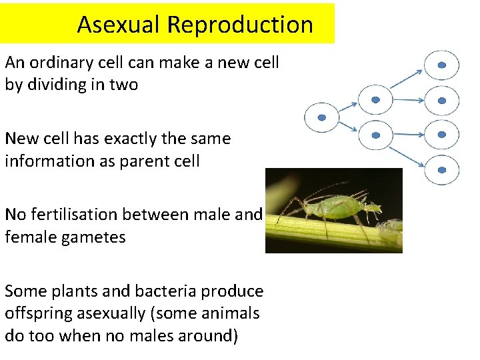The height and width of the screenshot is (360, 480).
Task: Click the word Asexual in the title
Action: pos(119,24)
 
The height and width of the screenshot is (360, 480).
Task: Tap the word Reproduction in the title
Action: pos(240,24)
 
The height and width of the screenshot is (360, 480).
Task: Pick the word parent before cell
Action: pos(144,161)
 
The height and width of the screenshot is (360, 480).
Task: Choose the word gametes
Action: pos(93,237)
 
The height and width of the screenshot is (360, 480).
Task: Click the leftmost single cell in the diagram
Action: pos(321,117)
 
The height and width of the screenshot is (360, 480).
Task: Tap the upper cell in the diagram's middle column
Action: pos(375,99)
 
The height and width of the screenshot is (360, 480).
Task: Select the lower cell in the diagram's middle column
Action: pos(375,135)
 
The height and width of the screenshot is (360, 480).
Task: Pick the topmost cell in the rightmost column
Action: pos(442,65)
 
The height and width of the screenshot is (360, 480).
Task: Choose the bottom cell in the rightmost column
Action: pos(442,169)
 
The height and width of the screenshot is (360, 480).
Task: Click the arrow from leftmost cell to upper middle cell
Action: pos(348,107)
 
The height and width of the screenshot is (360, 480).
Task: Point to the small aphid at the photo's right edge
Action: pos(391,227)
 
